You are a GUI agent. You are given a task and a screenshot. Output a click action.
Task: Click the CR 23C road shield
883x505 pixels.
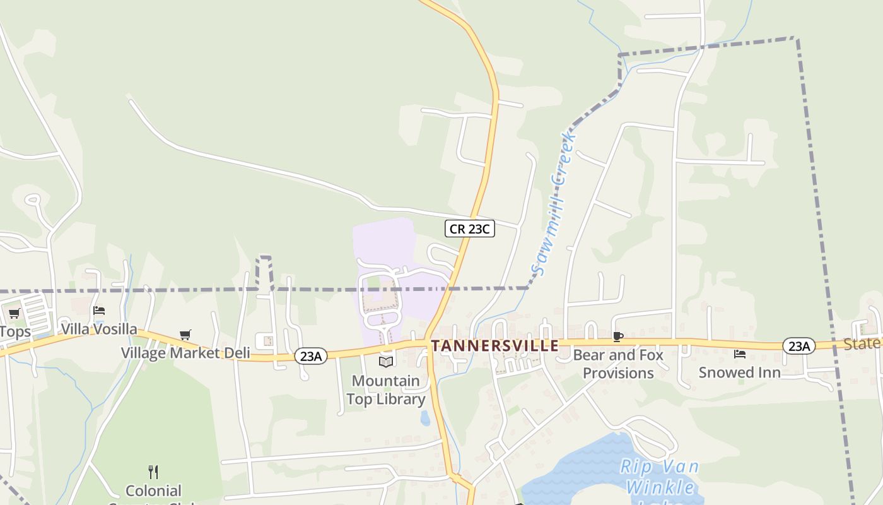pos(469,229)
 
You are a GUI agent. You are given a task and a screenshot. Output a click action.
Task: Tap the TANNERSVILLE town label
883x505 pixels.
pos(495,346)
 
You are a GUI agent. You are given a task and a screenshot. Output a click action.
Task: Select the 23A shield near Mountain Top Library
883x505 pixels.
pos(311,356)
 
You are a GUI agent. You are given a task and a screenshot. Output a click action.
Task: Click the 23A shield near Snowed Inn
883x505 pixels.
pos(798,346)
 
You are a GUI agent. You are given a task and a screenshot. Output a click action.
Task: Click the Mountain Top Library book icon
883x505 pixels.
pos(386,362)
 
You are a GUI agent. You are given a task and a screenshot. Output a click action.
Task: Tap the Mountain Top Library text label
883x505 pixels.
pos(385,390)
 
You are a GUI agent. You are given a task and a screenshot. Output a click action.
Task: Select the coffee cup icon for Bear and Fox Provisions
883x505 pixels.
pos(618,336)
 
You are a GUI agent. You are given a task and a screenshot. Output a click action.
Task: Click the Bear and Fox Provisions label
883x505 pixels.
pos(618,364)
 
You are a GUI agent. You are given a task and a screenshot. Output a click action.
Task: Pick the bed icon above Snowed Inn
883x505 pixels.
pos(740,354)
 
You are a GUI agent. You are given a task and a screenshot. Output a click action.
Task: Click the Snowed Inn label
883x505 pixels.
pos(739,372)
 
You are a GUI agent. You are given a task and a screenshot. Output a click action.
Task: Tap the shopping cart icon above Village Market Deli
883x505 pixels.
pos(185,335)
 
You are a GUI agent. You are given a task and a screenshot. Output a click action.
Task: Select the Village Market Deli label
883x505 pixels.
pos(185,353)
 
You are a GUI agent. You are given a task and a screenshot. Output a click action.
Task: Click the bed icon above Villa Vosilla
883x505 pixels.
pos(99,311)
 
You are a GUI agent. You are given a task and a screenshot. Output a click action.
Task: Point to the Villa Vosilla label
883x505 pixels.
pos(99,330)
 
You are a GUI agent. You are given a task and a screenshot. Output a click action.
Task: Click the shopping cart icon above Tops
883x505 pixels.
pos(14,313)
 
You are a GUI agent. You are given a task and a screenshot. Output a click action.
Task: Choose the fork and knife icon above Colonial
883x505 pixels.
pos(153,472)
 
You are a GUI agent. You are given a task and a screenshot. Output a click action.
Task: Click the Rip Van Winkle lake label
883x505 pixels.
pos(659,477)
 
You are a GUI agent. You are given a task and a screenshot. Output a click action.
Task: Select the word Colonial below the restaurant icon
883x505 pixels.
pos(153,490)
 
